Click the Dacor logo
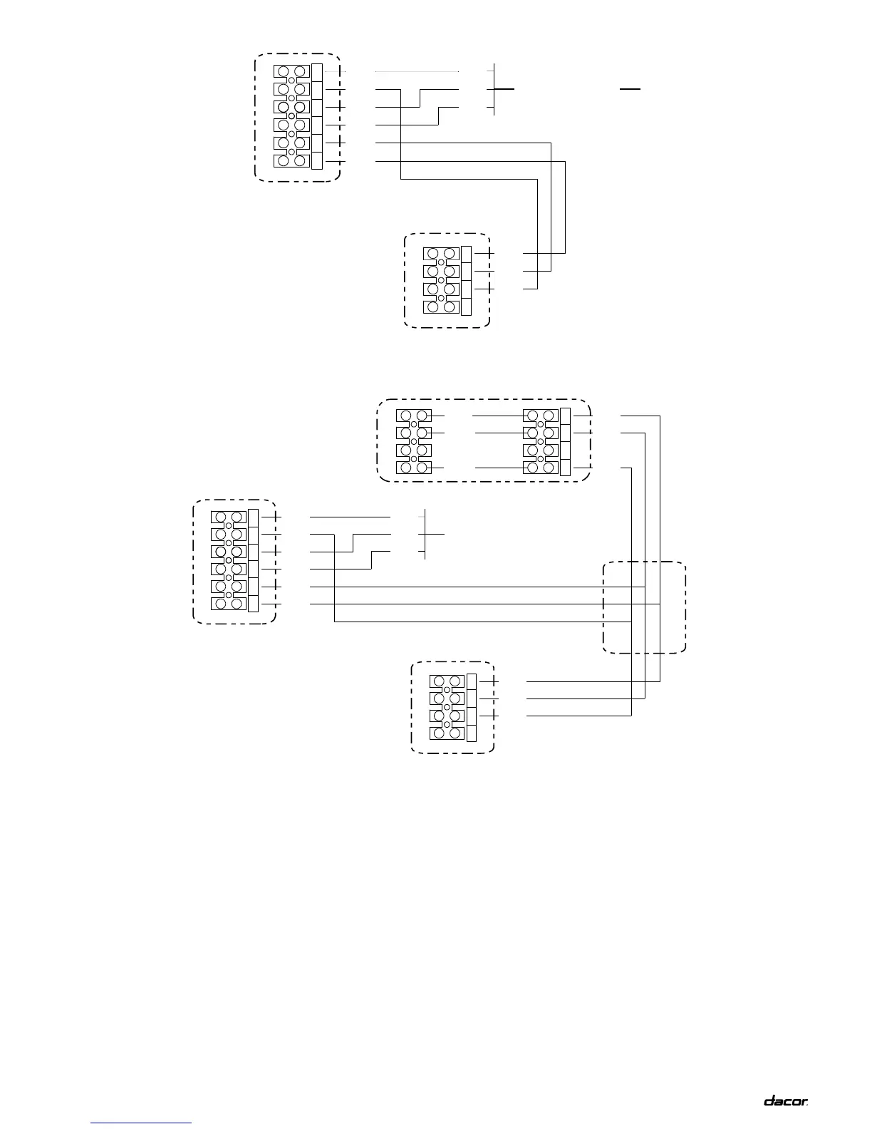tap(786, 1101)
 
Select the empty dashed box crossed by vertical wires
tap(644, 607)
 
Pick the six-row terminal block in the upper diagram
tap(291, 116)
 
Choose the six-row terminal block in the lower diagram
tap(229, 561)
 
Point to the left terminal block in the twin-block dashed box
tap(413, 442)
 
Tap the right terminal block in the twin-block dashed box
tap(540, 442)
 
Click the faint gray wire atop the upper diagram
tap(417, 71)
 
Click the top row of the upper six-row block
tap(291, 72)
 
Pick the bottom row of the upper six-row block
tap(291, 160)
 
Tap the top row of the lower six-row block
tap(229, 517)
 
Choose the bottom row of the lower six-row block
tap(229, 604)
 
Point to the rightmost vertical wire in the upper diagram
tap(565, 207)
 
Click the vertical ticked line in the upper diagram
tap(494, 89)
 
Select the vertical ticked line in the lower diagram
tap(425, 534)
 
